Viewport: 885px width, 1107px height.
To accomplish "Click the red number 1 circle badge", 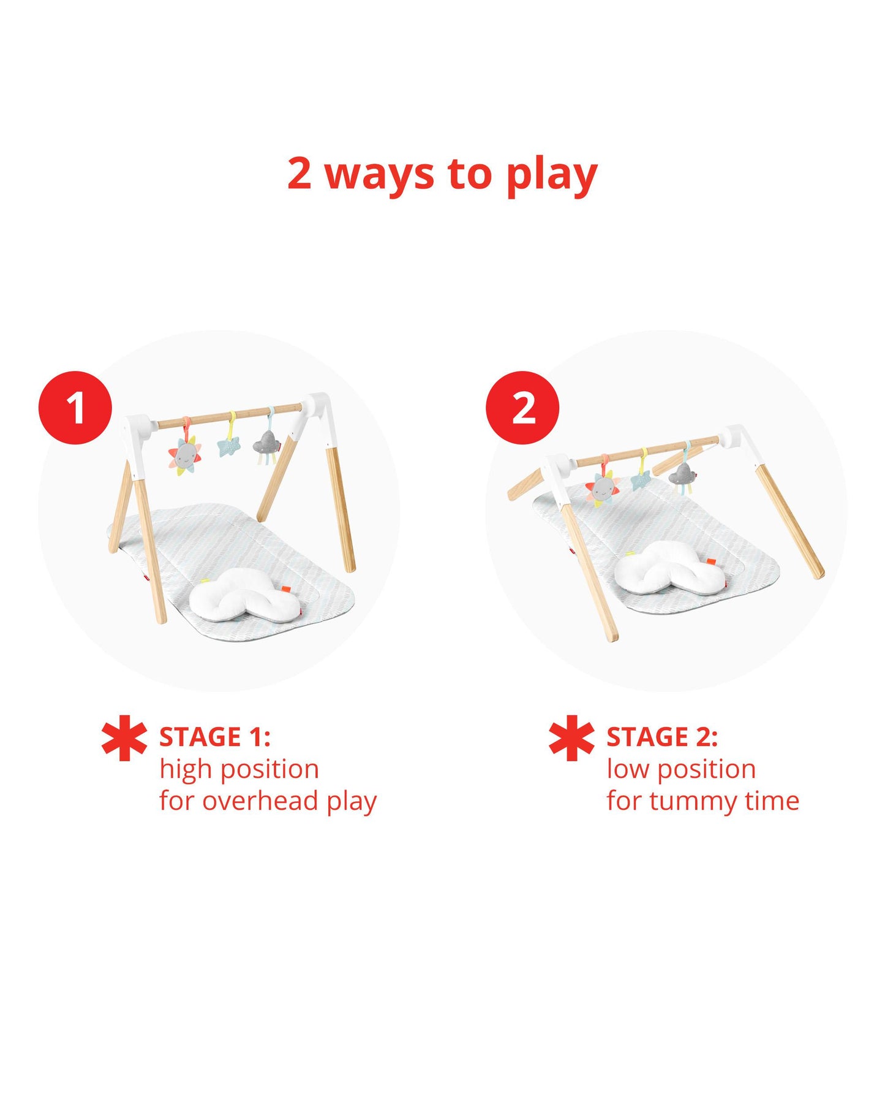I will [x=75, y=408].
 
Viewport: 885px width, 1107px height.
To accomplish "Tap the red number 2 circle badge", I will [x=522, y=408].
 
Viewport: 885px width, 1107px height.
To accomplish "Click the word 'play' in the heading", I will [x=551, y=175].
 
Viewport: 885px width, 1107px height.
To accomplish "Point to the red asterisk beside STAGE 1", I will [x=124, y=738].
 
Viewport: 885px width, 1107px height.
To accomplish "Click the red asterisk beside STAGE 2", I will [x=571, y=738].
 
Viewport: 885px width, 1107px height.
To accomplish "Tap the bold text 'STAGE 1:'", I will [x=214, y=737].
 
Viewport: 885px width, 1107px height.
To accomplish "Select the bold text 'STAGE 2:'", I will [x=662, y=737].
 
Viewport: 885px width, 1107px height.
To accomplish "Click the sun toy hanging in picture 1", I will [x=184, y=454].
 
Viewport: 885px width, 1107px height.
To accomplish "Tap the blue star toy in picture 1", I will [x=229, y=446].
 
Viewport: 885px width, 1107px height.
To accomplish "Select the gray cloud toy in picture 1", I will [x=268, y=442].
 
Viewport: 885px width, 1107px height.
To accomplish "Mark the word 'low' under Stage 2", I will [x=628, y=769].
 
